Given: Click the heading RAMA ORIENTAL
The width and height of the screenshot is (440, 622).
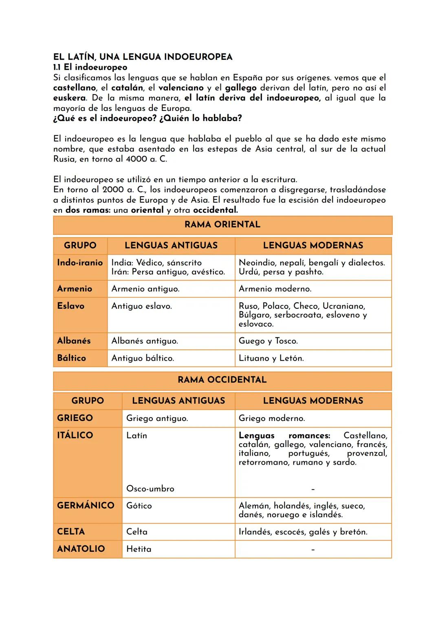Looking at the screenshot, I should (222, 224).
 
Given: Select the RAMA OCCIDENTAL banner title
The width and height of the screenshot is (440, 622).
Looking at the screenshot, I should (222, 380).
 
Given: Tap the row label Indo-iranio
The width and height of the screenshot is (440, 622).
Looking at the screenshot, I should (80, 263).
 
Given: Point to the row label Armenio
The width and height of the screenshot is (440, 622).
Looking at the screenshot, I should (75, 289).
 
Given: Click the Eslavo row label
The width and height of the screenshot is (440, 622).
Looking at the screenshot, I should (71, 306).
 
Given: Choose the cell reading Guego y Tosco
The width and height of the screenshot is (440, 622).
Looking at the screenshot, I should (268, 341).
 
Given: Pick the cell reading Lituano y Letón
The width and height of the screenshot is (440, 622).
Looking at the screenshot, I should (271, 358).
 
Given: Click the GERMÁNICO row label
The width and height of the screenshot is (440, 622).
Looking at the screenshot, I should (86, 505).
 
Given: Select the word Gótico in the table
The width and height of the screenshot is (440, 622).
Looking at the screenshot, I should (139, 506).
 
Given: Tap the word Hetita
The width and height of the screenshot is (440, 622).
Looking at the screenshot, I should (139, 549).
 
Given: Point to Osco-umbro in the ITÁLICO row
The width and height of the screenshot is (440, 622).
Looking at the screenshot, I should (150, 489).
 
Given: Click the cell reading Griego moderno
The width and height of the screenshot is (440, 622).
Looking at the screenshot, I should (271, 418).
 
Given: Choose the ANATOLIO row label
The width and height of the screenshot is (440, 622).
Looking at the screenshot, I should (81, 549).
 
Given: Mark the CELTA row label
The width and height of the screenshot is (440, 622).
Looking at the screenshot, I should (71, 531).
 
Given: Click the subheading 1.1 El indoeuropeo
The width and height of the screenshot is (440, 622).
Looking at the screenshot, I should (90, 67).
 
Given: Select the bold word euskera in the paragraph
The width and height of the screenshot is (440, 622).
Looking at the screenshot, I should (69, 98).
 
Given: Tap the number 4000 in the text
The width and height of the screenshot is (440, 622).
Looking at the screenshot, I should (136, 159).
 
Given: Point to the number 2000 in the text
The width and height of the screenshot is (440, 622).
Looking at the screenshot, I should (113, 190).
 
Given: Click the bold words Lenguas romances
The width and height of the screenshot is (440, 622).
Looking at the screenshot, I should (284, 436).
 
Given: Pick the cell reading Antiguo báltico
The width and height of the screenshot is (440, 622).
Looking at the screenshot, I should (143, 358).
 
